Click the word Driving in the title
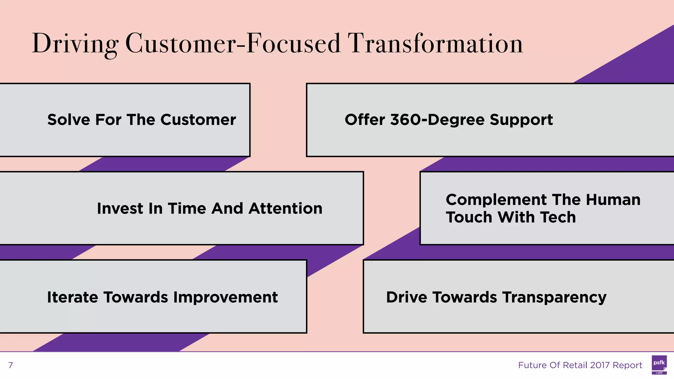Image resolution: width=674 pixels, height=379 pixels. [75, 44]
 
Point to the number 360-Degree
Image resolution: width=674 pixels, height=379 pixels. [438, 120]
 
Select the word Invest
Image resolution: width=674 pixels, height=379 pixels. [120, 209]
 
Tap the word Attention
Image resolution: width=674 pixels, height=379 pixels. [285, 209]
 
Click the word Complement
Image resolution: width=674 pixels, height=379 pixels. [496, 200]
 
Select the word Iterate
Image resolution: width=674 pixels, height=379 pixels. [72, 297]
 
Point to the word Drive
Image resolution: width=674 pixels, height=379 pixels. [406, 297]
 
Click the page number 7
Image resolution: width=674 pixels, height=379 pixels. [11, 365]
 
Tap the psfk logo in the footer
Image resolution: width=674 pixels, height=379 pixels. [659, 365]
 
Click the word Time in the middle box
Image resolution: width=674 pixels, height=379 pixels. [187, 209]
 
